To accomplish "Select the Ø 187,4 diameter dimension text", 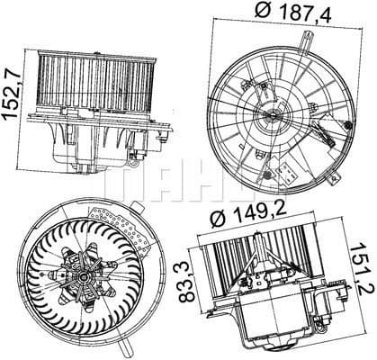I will (x=285, y=14).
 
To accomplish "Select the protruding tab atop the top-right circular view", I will (x=309, y=40).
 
